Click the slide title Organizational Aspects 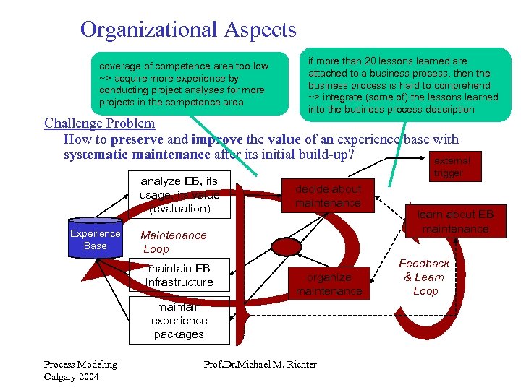pyautogui.click(x=188, y=30)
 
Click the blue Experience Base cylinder pyautogui.click(x=95, y=240)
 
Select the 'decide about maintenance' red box pyautogui.click(x=328, y=196)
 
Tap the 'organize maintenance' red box pyautogui.click(x=329, y=284)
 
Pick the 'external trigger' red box pyautogui.click(x=452, y=168)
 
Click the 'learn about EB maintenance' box pyautogui.click(x=455, y=222)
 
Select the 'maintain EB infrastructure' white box pyautogui.click(x=179, y=275)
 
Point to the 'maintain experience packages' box pyautogui.click(x=179, y=321)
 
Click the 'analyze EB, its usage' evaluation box pyautogui.click(x=179, y=195)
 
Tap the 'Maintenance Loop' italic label pyautogui.click(x=173, y=242)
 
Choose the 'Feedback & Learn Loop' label pyautogui.click(x=425, y=277)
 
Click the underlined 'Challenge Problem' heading pyautogui.click(x=99, y=123)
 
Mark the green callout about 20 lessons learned pyautogui.click(x=404, y=85)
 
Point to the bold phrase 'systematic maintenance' pyautogui.click(x=137, y=155)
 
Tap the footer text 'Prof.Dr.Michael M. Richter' pyautogui.click(x=260, y=364)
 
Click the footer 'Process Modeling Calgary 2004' pyautogui.click(x=80, y=370)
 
